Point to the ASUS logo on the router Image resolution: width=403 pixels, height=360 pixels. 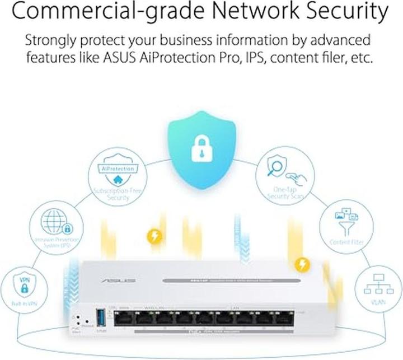(124, 279)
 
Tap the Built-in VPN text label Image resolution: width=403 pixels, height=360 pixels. (24, 303)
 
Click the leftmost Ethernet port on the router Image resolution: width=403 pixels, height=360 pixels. (123, 319)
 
